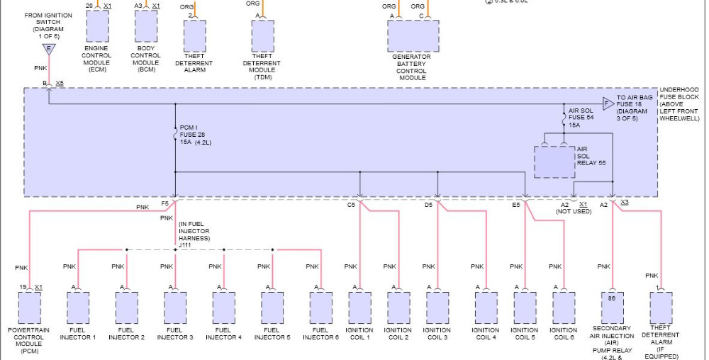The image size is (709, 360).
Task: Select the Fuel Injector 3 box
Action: pos(175,308)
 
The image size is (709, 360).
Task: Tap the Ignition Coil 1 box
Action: pos(359,308)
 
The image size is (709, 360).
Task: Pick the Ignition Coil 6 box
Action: pos(564,308)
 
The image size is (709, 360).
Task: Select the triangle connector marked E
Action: pos(48,49)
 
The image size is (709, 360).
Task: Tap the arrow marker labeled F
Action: pos(608,104)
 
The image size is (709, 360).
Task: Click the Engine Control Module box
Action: pos(97,27)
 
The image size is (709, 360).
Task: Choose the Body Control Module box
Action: pos(146,27)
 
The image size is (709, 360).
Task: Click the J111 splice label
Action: pos(186,244)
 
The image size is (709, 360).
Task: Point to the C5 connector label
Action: pos(351,205)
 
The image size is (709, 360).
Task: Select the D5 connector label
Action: pos(428,205)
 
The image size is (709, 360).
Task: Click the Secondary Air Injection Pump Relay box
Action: pos(612,308)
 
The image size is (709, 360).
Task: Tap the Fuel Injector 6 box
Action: pos(320,308)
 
